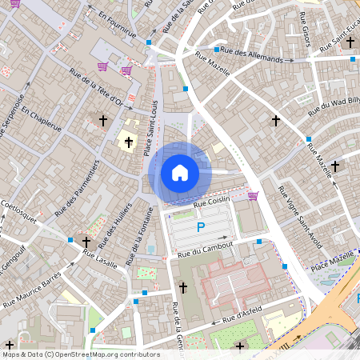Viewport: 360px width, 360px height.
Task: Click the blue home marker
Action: point(180,173)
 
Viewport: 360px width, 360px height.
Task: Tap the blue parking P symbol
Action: point(200,228)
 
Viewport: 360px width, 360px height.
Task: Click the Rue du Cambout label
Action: point(205,249)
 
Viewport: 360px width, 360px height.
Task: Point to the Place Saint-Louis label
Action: point(148,135)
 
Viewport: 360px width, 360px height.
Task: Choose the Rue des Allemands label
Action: point(253,56)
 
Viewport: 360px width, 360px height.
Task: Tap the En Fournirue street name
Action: point(112,25)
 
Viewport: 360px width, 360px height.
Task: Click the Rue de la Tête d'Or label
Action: point(96,96)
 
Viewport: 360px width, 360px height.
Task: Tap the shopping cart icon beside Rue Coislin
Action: point(253,195)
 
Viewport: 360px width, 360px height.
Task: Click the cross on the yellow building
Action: point(128,142)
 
